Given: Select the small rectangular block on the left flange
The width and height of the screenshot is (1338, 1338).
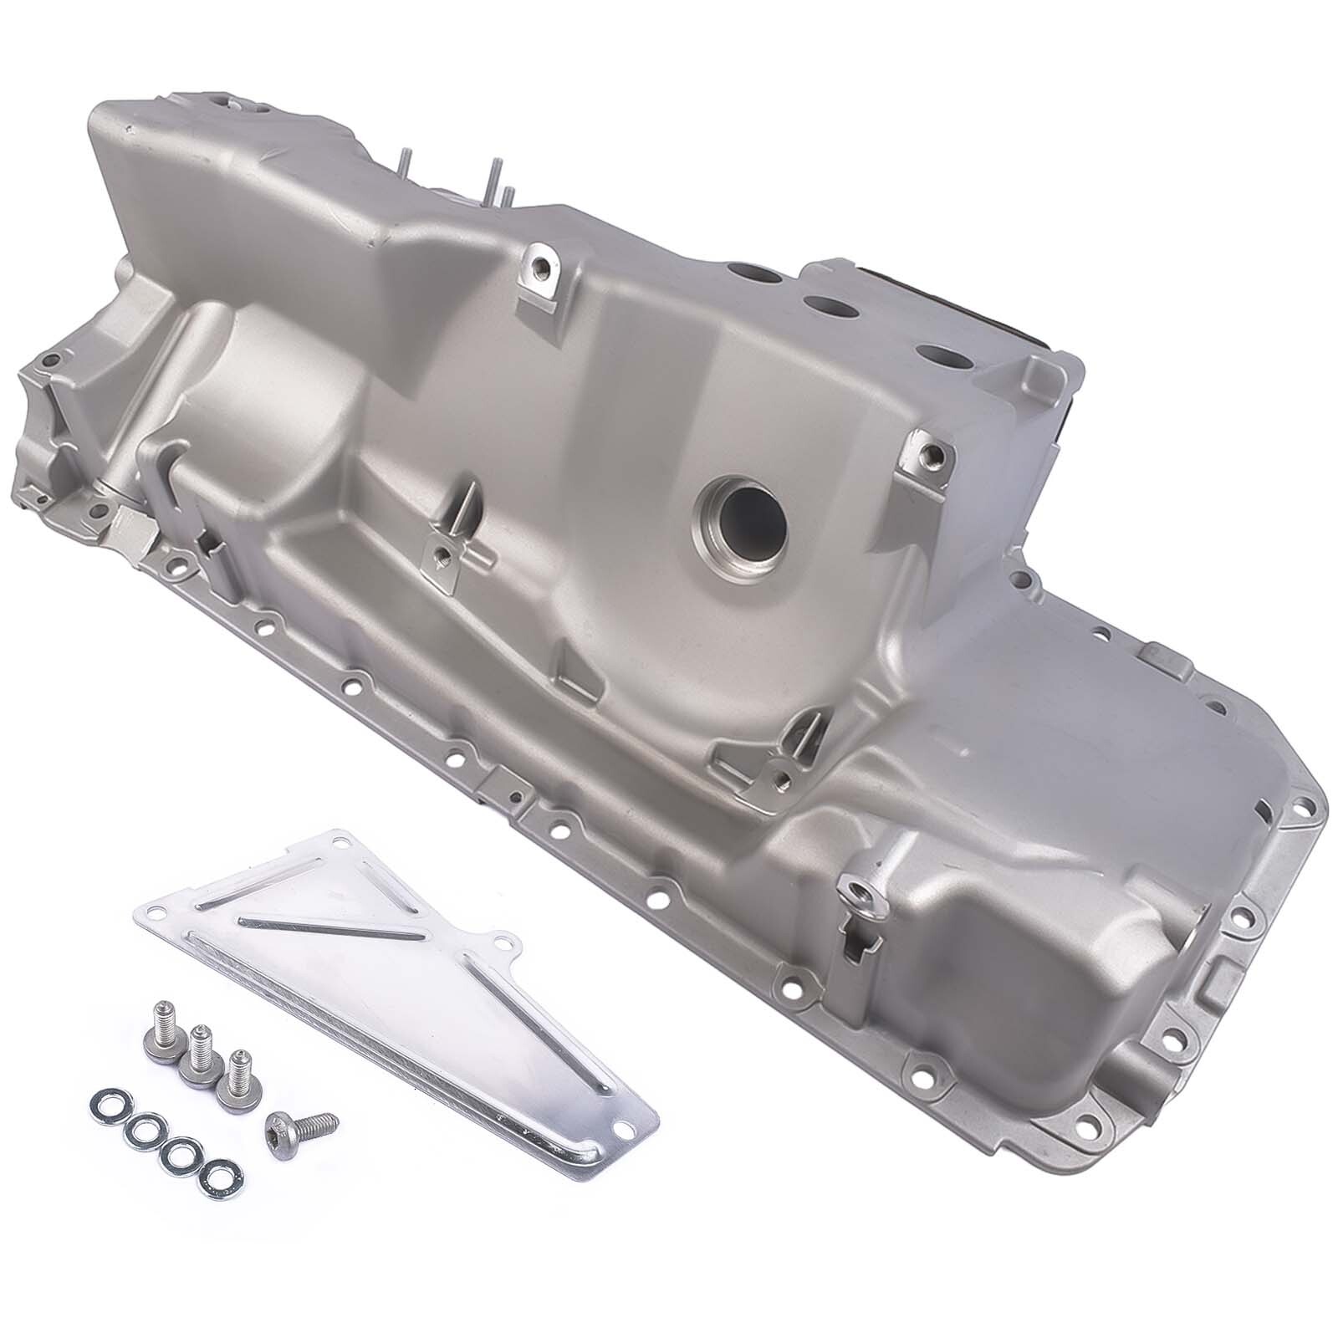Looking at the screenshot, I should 132,526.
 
